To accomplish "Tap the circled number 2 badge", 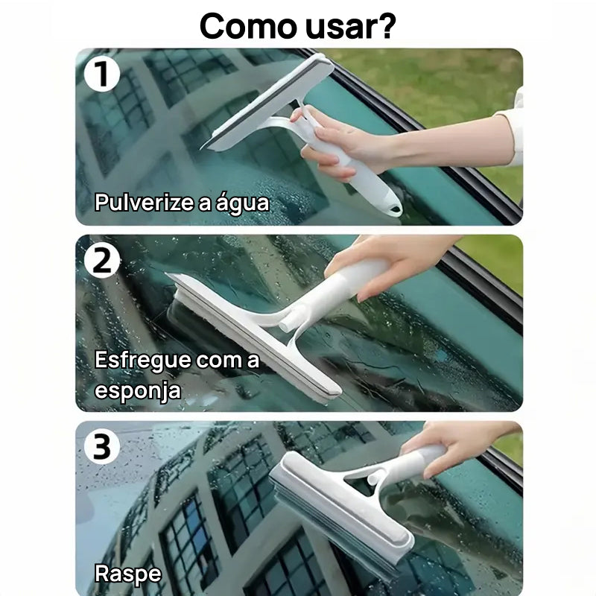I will pos(102,260).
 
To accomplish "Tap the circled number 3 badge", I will pos(102,447).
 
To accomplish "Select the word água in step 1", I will pos(241,202).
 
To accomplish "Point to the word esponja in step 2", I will pos(137,390).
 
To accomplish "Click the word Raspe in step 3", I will pos(127,573).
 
